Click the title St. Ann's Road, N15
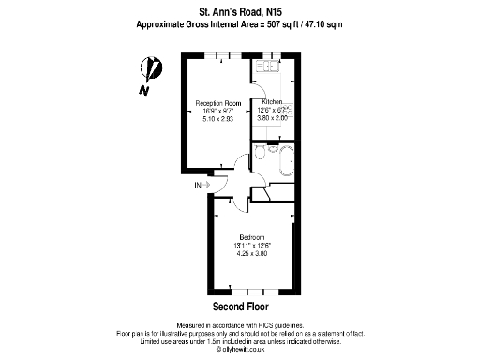click(x=240, y=10)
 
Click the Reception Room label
click(x=218, y=103)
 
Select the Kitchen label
click(x=273, y=101)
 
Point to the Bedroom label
click(x=252, y=236)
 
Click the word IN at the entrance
click(x=198, y=186)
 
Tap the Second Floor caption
click(x=240, y=307)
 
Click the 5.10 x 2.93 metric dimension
click(x=218, y=119)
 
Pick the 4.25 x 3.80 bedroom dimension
click(x=252, y=252)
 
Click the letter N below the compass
click(x=142, y=90)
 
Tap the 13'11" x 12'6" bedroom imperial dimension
click(x=252, y=245)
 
